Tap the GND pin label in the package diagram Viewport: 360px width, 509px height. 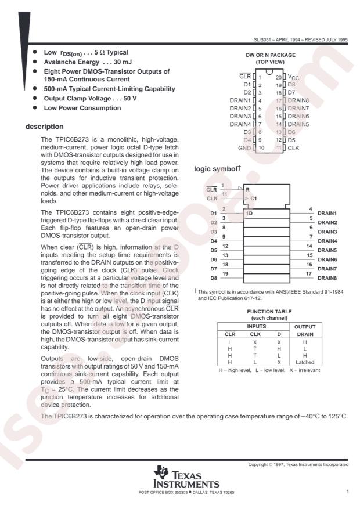[244, 148]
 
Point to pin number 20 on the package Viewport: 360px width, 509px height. [278, 77]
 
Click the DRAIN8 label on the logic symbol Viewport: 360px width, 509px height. [329, 278]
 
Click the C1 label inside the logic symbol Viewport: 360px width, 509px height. [254, 198]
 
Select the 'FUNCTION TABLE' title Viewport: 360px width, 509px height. [271, 312]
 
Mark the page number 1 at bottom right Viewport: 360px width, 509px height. [347, 492]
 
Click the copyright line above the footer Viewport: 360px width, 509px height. [298, 465]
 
